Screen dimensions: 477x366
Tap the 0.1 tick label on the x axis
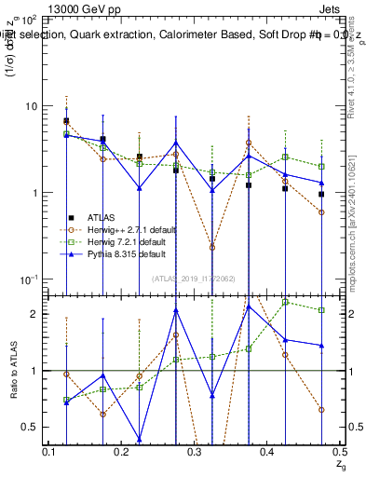point(49,452)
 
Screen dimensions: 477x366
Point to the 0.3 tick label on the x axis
point(194,452)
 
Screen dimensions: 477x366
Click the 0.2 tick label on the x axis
point(122,452)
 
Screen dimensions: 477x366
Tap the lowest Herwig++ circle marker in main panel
point(212,248)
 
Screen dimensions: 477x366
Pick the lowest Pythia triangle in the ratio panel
point(140,439)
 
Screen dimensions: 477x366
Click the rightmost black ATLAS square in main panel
point(321,195)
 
